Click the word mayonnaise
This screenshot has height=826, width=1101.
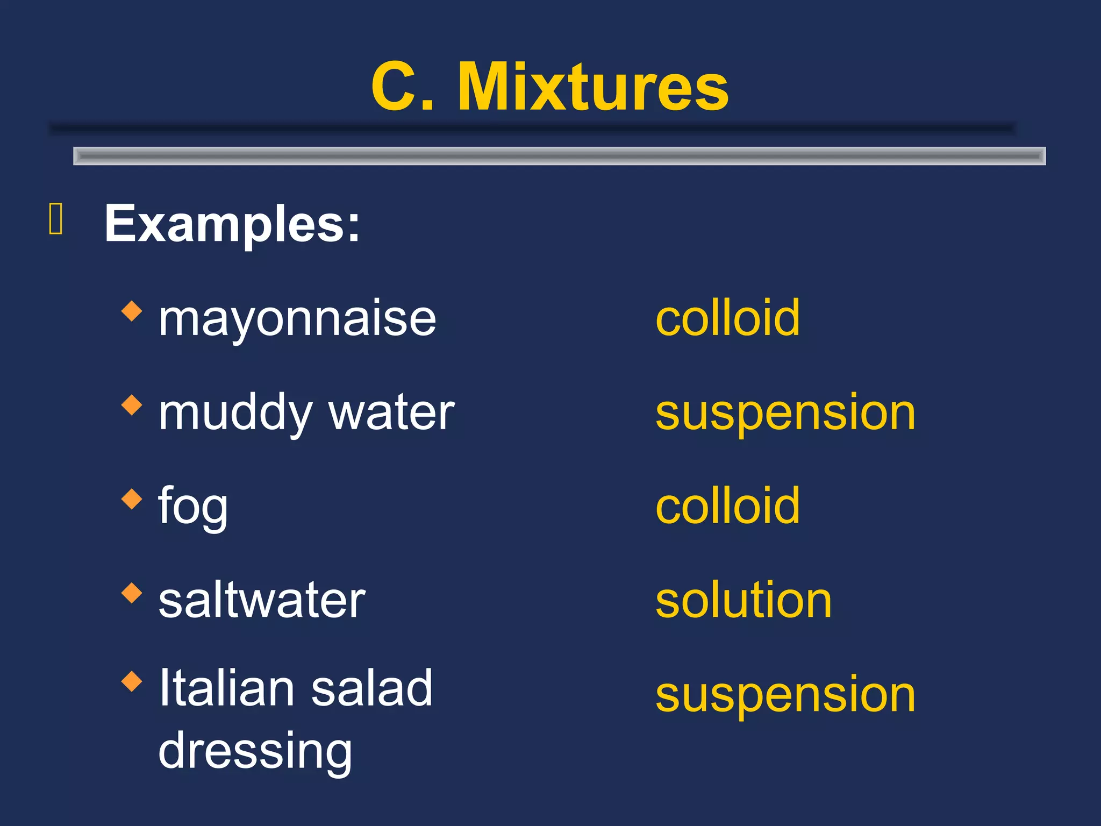[297, 319]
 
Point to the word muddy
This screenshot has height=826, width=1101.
[235, 413]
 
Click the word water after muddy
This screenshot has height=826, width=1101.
[392, 413]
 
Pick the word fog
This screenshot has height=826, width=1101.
[193, 507]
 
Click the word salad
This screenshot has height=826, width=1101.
[371, 688]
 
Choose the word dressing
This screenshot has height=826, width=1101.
[255, 751]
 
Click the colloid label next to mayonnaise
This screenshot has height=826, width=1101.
[727, 318]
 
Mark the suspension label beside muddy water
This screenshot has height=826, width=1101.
[785, 413]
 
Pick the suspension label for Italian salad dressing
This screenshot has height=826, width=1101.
[785, 695]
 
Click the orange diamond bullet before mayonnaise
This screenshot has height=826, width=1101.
[132, 311]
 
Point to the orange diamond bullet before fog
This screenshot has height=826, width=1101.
[132, 499]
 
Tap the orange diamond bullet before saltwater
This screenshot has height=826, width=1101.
[132, 593]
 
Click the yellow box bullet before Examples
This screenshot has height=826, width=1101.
[56, 219]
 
